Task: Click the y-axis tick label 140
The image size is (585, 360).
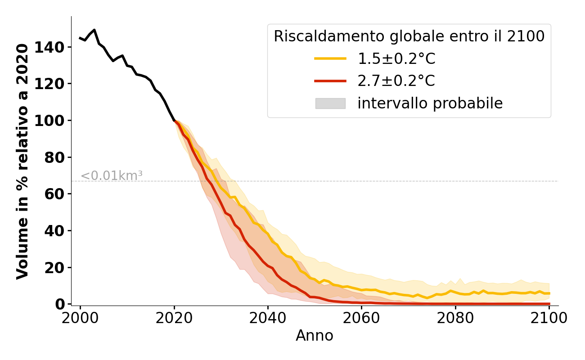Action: [53, 47]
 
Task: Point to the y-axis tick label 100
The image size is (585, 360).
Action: [53, 121]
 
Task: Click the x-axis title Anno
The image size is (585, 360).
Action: [315, 336]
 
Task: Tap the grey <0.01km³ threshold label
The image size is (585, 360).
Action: [112, 176]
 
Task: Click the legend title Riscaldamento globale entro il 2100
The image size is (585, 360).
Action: [409, 36]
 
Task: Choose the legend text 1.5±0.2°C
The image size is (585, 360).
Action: [396, 59]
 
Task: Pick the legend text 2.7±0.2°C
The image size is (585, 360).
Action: [396, 81]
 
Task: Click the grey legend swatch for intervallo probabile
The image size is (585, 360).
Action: [330, 103]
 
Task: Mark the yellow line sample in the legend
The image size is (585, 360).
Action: [330, 58]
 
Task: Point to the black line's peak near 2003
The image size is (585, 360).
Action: [94, 30]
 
